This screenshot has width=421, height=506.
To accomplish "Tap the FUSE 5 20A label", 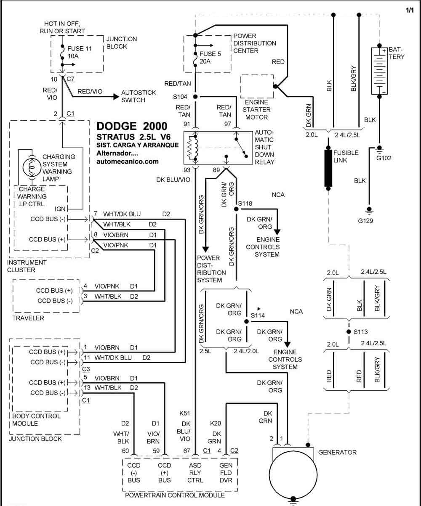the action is (x=210, y=58).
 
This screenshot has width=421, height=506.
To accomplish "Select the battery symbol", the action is (x=379, y=71).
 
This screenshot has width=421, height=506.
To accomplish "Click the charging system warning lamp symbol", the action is (x=32, y=167).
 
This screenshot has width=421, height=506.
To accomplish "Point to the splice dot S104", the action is (x=195, y=97).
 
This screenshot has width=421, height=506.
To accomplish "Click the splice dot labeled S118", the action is (x=236, y=209).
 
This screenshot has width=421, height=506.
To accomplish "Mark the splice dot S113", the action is (x=349, y=331).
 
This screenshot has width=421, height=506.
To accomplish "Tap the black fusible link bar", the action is (x=328, y=168).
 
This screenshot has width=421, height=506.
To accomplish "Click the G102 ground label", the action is (x=384, y=158).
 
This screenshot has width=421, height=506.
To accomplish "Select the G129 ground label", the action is (x=365, y=221).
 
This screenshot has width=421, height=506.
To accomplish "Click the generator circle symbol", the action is (x=293, y=474).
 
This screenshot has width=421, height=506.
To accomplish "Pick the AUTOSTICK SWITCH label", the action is (x=139, y=96).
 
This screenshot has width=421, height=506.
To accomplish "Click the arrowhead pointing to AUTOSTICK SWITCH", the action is (x=116, y=97).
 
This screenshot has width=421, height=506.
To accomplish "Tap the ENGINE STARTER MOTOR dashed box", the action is (x=256, y=87).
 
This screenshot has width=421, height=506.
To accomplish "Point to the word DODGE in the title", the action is (x=117, y=126).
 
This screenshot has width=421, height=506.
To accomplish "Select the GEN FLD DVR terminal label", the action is (x=226, y=472).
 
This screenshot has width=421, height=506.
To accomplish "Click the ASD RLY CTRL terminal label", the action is (x=195, y=472).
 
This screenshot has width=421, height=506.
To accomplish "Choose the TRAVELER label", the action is (x=28, y=318).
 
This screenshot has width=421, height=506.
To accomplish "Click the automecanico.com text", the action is (x=128, y=162).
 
